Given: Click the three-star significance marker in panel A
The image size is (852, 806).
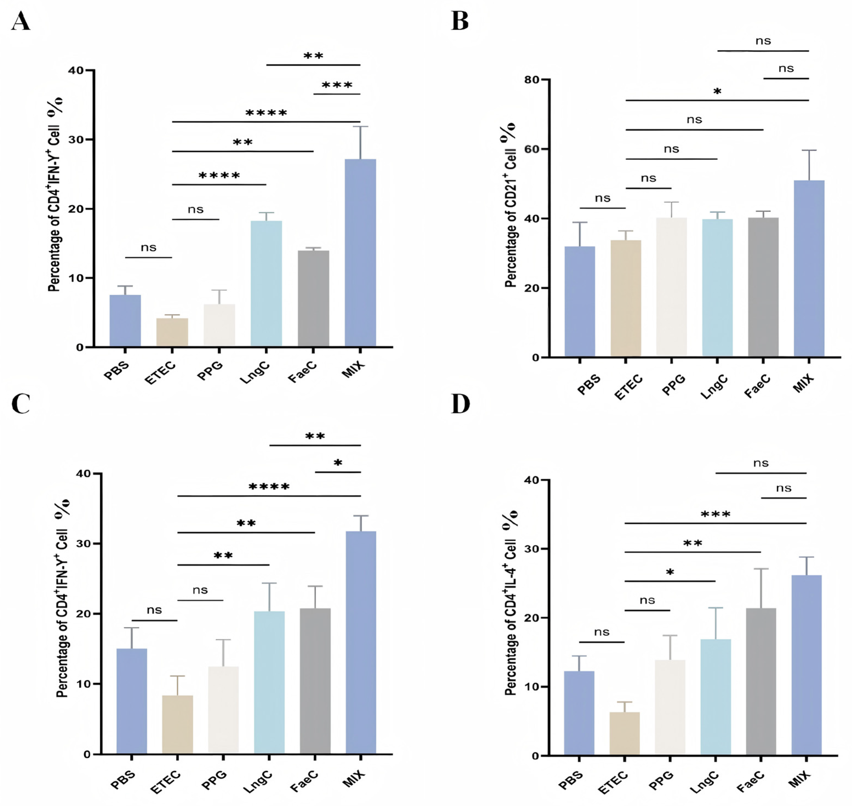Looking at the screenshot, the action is pos(337,85).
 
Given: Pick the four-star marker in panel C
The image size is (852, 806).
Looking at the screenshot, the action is pos(269,487).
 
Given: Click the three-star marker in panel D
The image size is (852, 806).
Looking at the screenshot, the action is pos(715,514).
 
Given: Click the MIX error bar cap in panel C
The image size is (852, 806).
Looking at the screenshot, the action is pos(361,516).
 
